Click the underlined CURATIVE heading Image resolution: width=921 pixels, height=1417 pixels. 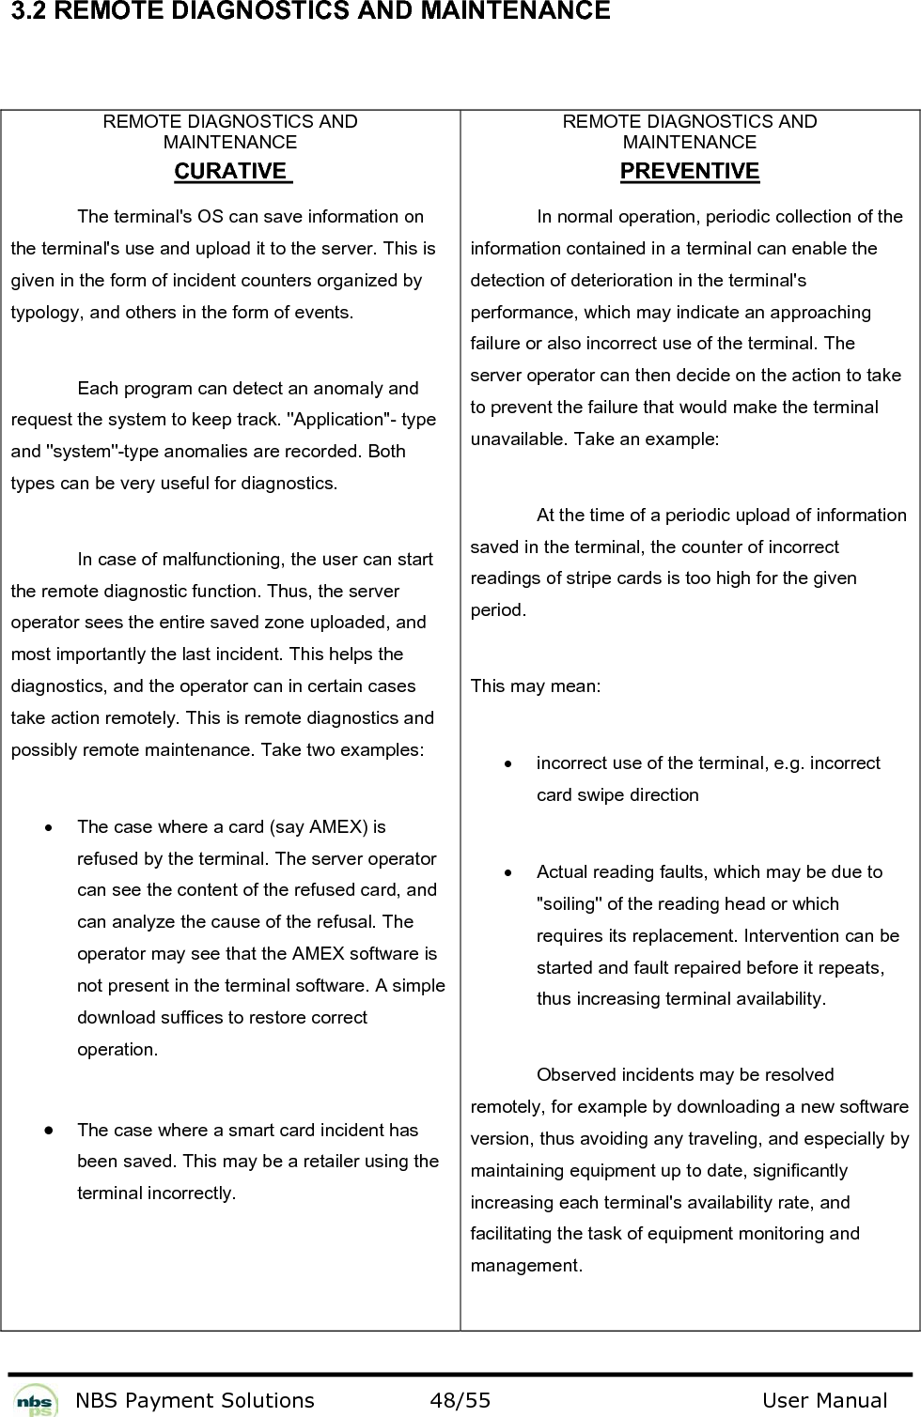pos(230,171)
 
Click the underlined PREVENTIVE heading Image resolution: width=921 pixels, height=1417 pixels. pos(690,171)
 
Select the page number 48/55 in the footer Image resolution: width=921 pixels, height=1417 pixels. pos(460,1401)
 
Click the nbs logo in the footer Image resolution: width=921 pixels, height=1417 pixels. pos(36,1399)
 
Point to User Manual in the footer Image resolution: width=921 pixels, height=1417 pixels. pos(824,1401)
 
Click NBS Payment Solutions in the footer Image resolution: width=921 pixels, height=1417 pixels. pos(195,1401)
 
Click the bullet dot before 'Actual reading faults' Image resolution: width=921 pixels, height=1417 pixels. pos(507,872)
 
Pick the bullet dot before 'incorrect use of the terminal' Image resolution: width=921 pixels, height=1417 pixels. pos(507,763)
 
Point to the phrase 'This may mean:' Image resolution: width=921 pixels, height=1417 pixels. pos(535,685)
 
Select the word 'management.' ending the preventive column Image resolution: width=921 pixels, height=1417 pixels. pos(525,1265)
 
